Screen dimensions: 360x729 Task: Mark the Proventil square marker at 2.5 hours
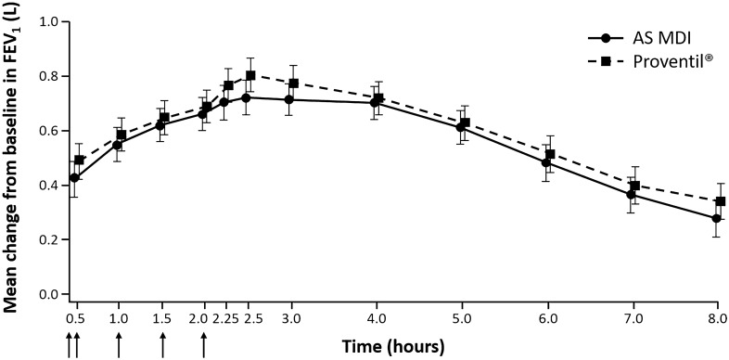click(x=250, y=75)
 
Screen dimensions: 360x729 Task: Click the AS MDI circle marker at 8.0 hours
click(x=716, y=219)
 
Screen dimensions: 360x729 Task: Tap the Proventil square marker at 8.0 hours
click(x=720, y=201)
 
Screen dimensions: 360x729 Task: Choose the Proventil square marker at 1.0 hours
click(x=121, y=135)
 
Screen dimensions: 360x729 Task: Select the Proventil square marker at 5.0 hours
click(x=466, y=122)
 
